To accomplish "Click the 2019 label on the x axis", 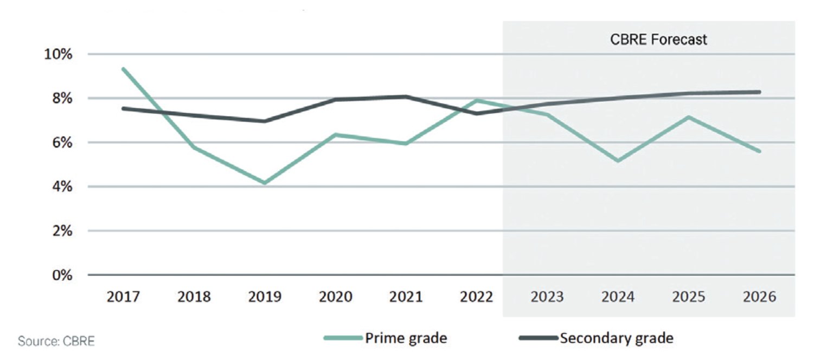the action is click(x=265, y=297).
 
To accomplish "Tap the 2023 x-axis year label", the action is click(x=547, y=297).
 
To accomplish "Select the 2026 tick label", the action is click(x=759, y=297).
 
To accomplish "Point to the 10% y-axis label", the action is click(x=58, y=54).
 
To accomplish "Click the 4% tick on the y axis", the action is click(x=62, y=187).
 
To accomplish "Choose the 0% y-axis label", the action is click(x=62, y=275).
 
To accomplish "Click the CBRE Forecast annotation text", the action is click(x=658, y=39).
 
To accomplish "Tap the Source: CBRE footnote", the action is click(x=56, y=341).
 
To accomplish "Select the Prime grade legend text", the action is click(x=406, y=338).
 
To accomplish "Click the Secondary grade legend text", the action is click(x=617, y=338).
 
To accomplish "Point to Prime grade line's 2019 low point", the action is click(x=265, y=183).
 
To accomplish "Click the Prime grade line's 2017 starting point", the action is click(x=124, y=69).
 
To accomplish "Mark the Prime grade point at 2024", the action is click(x=618, y=160).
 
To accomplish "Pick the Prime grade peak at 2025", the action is click(x=689, y=117).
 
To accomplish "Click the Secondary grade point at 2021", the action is click(x=406, y=97).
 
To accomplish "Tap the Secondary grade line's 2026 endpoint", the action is click(x=759, y=92).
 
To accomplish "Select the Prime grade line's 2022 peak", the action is click(x=476, y=100).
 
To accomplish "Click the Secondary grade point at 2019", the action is click(x=265, y=121).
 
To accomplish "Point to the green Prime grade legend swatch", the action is click(x=343, y=338).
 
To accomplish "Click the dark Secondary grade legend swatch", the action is click(x=538, y=338).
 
